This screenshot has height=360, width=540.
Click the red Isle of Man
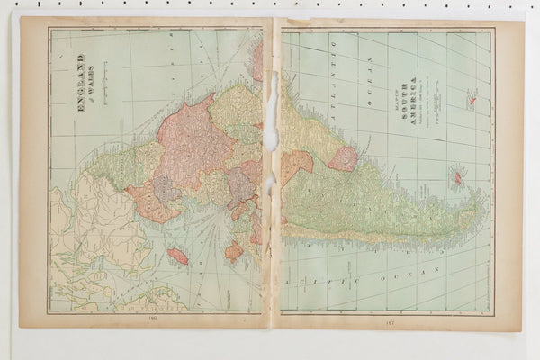[177, 256]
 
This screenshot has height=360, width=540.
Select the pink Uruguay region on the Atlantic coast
[342, 159]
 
